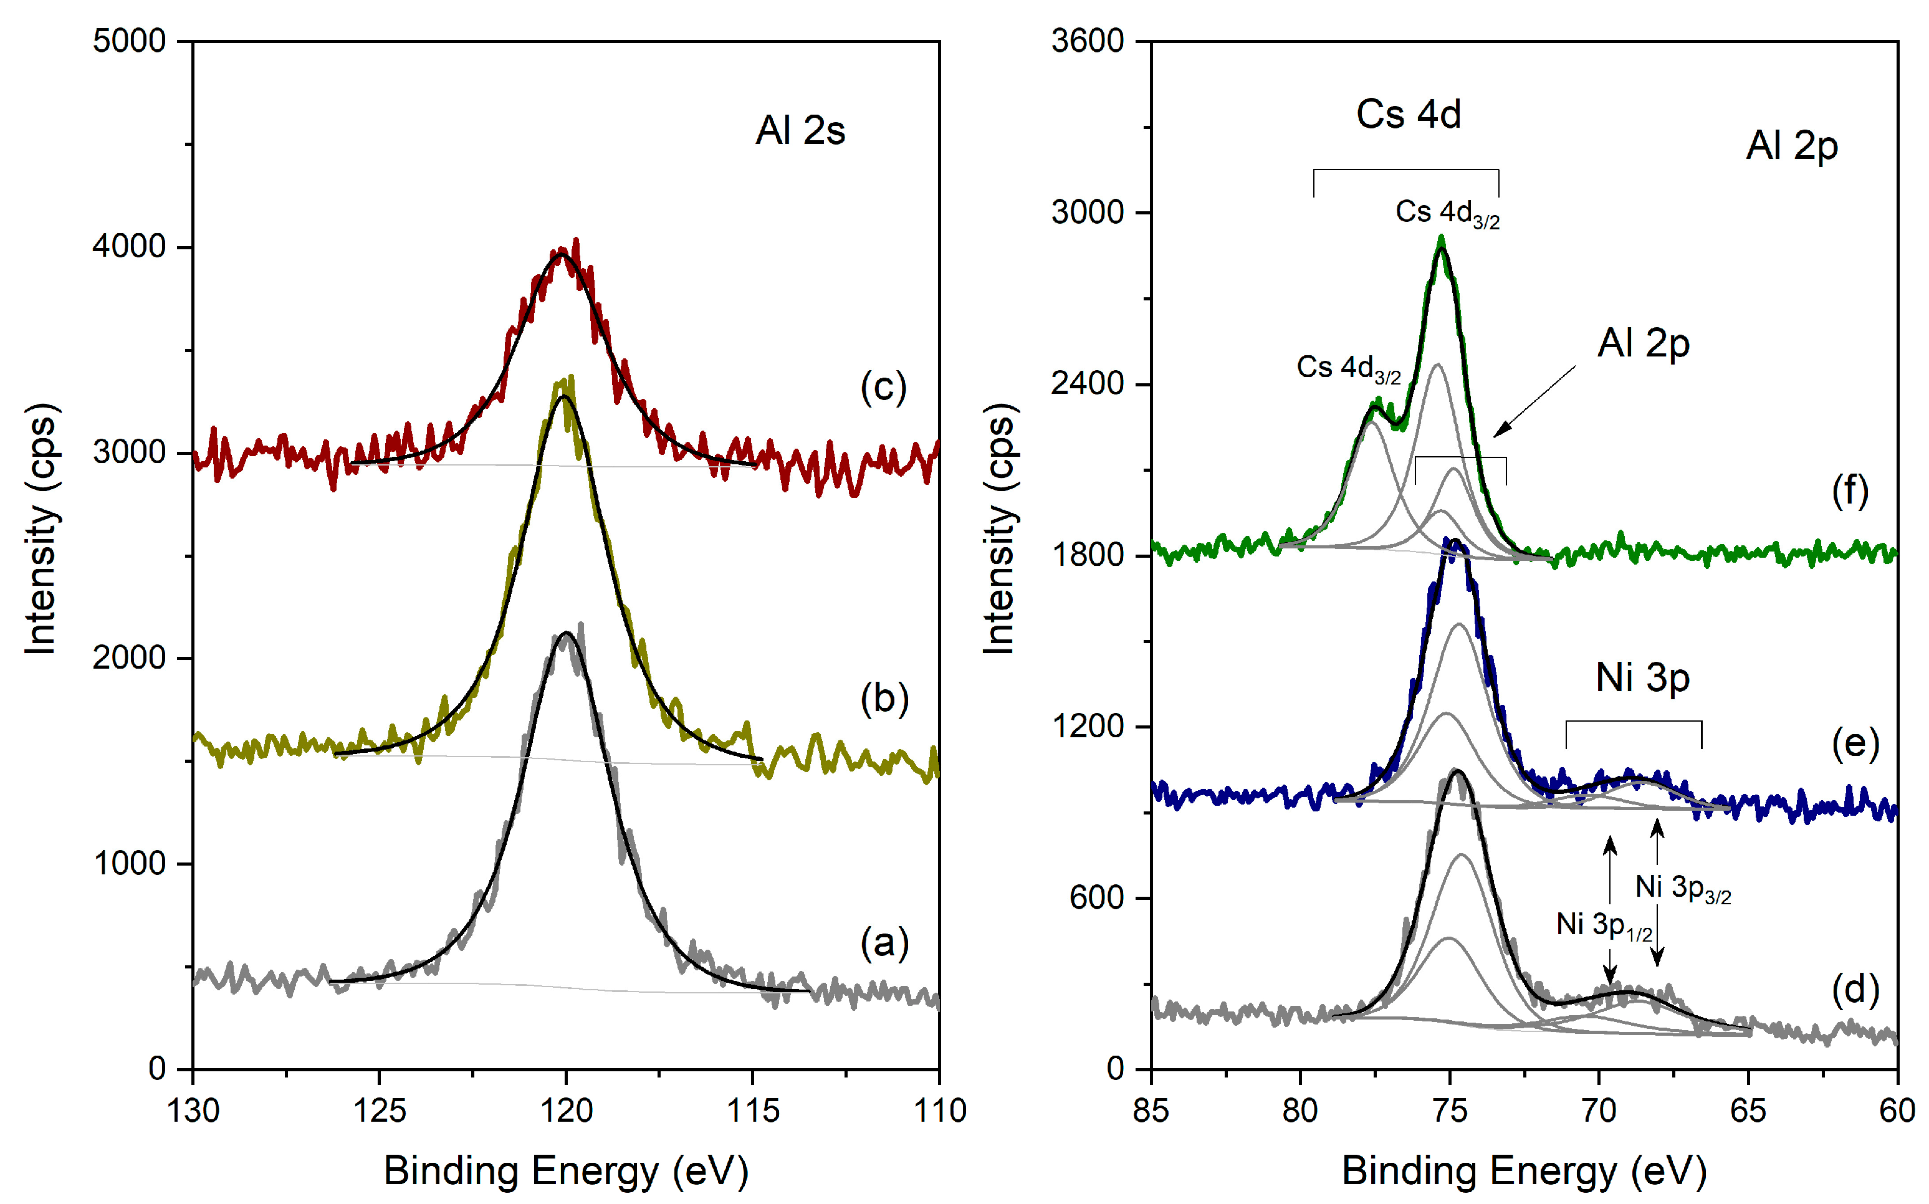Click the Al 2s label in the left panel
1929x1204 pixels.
[800, 131]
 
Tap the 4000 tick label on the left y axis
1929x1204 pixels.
[129, 246]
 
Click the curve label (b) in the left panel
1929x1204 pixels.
[884, 699]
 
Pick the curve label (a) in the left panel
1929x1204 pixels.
[884, 943]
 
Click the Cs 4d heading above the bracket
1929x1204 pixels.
[1408, 115]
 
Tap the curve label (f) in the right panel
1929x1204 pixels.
[1849, 490]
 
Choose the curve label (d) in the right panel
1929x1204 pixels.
[1855, 990]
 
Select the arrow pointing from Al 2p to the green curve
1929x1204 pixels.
[1534, 401]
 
